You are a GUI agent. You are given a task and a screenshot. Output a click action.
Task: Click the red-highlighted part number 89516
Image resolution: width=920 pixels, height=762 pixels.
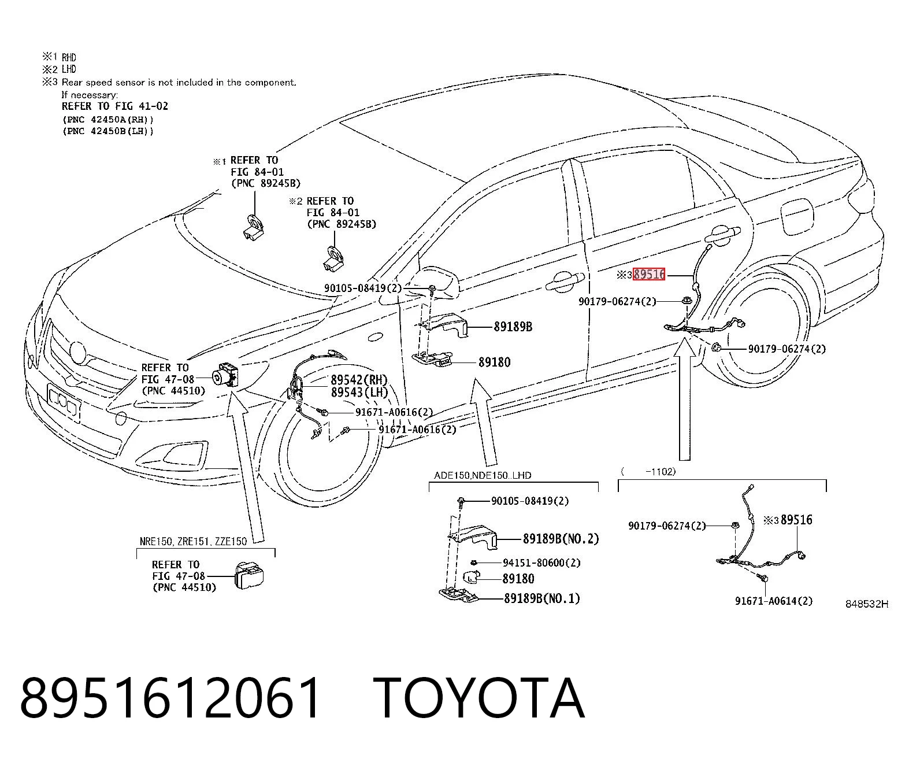(x=648, y=274)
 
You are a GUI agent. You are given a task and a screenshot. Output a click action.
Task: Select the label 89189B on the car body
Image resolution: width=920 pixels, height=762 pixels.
(x=513, y=327)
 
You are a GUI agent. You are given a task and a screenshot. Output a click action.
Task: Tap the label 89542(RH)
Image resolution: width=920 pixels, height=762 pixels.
(x=359, y=380)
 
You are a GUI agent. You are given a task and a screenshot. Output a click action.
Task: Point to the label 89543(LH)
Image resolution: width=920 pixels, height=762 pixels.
(x=359, y=392)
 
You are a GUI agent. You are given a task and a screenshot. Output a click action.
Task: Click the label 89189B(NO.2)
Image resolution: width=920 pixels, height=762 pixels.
(x=561, y=538)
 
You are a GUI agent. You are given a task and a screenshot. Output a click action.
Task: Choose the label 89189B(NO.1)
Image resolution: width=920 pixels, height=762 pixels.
(x=542, y=598)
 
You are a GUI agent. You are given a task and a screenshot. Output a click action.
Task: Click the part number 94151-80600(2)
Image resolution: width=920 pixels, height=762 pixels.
(x=541, y=563)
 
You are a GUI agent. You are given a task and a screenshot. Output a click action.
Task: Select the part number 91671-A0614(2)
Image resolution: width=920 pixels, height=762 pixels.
(x=774, y=601)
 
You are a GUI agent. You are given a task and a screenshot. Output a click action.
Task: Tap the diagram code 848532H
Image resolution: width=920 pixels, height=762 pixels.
(x=867, y=604)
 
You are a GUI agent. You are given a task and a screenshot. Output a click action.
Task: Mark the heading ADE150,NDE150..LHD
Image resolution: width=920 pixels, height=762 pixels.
(x=483, y=475)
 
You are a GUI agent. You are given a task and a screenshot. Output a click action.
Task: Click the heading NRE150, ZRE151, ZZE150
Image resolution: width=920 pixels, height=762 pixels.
(x=193, y=541)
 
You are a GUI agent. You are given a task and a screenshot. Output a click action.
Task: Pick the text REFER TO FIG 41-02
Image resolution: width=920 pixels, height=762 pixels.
(x=114, y=106)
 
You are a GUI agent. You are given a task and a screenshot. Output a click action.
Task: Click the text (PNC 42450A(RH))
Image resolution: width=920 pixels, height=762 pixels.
(x=108, y=120)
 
